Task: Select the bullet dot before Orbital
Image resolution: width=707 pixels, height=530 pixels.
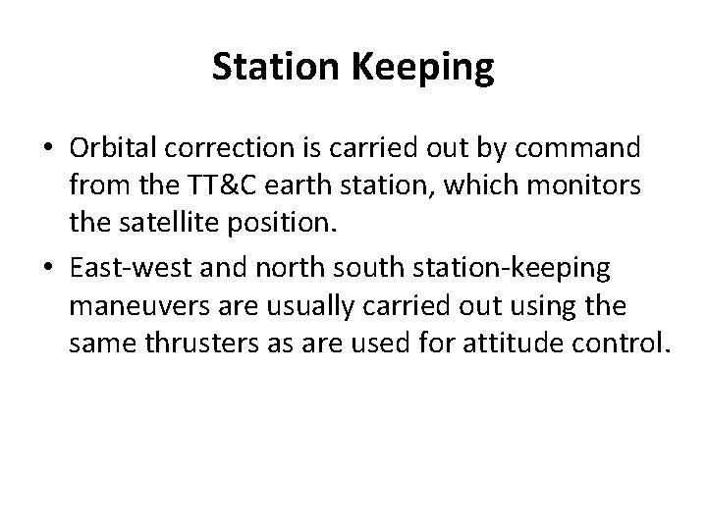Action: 47,151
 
